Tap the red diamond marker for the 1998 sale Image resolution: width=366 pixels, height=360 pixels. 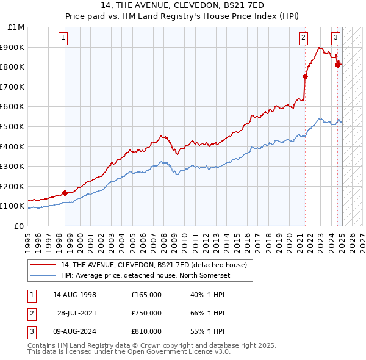pyautogui.click(x=65, y=193)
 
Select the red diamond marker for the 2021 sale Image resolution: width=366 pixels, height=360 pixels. pyautogui.click(x=305, y=77)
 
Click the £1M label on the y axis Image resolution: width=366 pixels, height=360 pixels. pyautogui.click(x=16, y=27)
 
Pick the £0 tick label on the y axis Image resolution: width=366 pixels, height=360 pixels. pyautogui.click(x=19, y=226)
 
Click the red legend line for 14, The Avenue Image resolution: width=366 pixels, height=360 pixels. pyautogui.click(x=43, y=265)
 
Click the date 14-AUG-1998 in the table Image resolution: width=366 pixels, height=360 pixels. pyautogui.click(x=75, y=295)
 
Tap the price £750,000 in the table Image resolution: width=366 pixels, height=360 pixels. pyautogui.click(x=146, y=313)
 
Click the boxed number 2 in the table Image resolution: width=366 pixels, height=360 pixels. pyautogui.click(x=31, y=313)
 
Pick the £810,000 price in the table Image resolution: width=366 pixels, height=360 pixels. pyautogui.click(x=146, y=331)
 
